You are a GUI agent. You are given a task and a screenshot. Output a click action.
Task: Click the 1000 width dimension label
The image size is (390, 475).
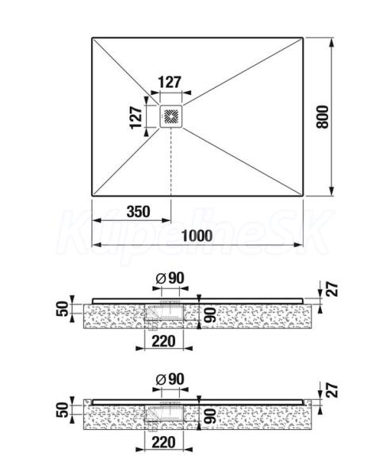click(197, 236)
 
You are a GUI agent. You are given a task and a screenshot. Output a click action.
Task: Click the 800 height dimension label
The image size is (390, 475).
click(323, 117)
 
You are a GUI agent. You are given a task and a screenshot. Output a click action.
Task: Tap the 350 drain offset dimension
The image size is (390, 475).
click(138, 211)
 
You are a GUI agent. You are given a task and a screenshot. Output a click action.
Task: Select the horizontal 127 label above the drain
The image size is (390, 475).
click(170, 82)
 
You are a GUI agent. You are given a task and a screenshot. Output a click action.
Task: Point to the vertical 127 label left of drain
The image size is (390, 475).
click(136, 117)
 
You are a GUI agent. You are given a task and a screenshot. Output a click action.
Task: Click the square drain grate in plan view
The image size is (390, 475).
click(171, 116)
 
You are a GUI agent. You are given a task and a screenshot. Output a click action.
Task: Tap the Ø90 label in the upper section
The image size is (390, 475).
click(170, 278)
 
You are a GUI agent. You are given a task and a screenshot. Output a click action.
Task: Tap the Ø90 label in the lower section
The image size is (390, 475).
click(170, 379)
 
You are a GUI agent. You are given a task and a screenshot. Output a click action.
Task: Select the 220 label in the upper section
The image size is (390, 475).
click(164, 341)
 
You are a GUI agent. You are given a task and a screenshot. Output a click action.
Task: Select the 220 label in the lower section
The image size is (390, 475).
click(164, 443)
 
